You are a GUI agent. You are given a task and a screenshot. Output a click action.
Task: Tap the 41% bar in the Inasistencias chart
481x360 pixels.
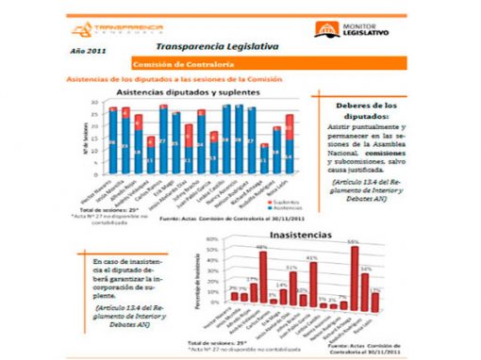tap(312, 283)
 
